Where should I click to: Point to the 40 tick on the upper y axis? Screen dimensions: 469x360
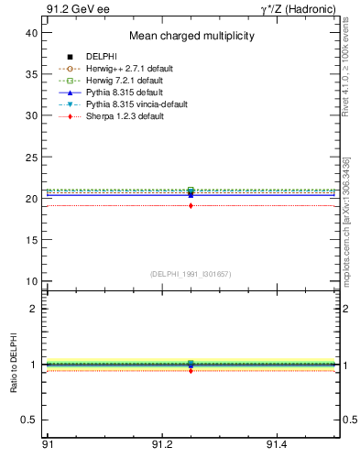33,32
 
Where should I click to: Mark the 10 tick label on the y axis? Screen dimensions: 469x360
33,281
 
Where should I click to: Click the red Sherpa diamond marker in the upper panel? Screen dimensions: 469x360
191,206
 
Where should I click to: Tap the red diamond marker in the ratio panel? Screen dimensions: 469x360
191,370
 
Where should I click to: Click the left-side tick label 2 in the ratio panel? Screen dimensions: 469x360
35,309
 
